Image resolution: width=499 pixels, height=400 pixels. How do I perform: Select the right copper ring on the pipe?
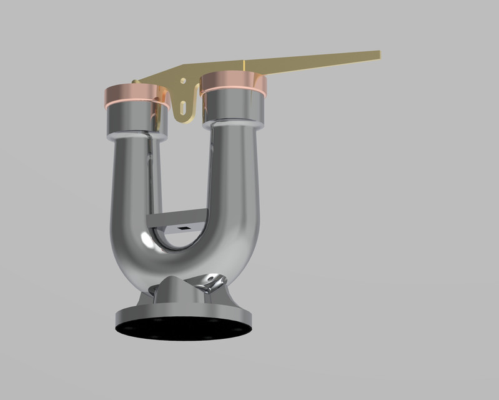click(234, 84)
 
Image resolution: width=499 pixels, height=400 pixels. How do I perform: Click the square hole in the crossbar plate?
click(184, 228)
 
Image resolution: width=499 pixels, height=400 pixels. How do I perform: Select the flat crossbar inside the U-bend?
click(175, 220)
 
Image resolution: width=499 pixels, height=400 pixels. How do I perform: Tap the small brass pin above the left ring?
click(134, 81)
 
